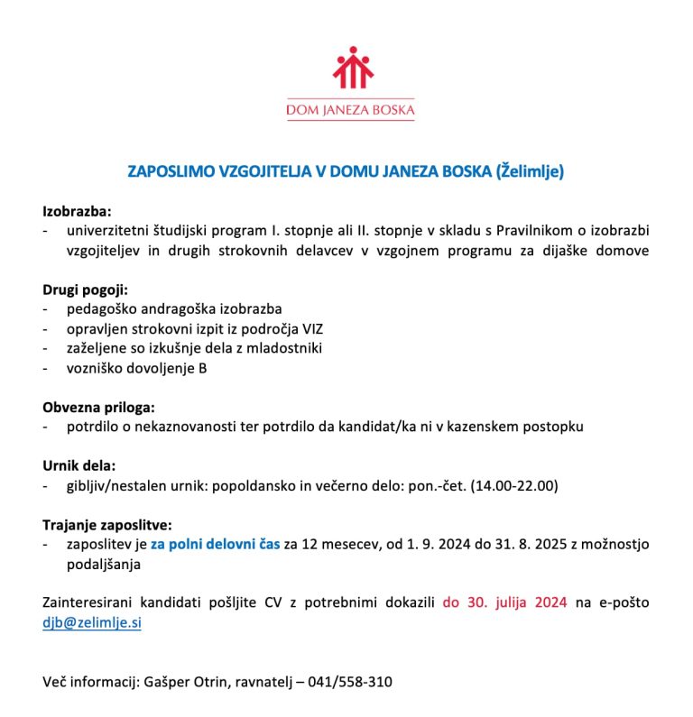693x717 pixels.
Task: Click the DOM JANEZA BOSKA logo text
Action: pyautogui.click(x=350, y=112)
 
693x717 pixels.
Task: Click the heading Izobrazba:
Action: pyautogui.click(x=77, y=212)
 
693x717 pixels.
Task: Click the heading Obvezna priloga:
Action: pyautogui.click(x=99, y=407)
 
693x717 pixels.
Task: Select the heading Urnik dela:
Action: pyautogui.click(x=79, y=465)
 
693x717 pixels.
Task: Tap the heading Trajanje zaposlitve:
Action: pyautogui.click(x=107, y=524)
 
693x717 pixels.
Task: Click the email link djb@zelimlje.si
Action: pyautogui.click(x=92, y=622)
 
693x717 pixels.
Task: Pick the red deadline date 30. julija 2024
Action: pyautogui.click(x=504, y=602)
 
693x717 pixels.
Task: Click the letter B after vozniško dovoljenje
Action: pyautogui.click(x=203, y=368)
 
